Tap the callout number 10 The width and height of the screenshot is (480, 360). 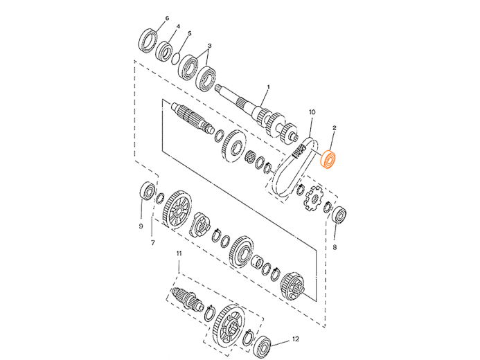click(311, 111)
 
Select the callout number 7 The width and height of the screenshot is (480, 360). click(153, 242)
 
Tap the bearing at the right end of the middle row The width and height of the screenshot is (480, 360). click(341, 215)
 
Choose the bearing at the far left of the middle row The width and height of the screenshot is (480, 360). click(147, 190)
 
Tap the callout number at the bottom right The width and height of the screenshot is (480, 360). click(295, 339)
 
